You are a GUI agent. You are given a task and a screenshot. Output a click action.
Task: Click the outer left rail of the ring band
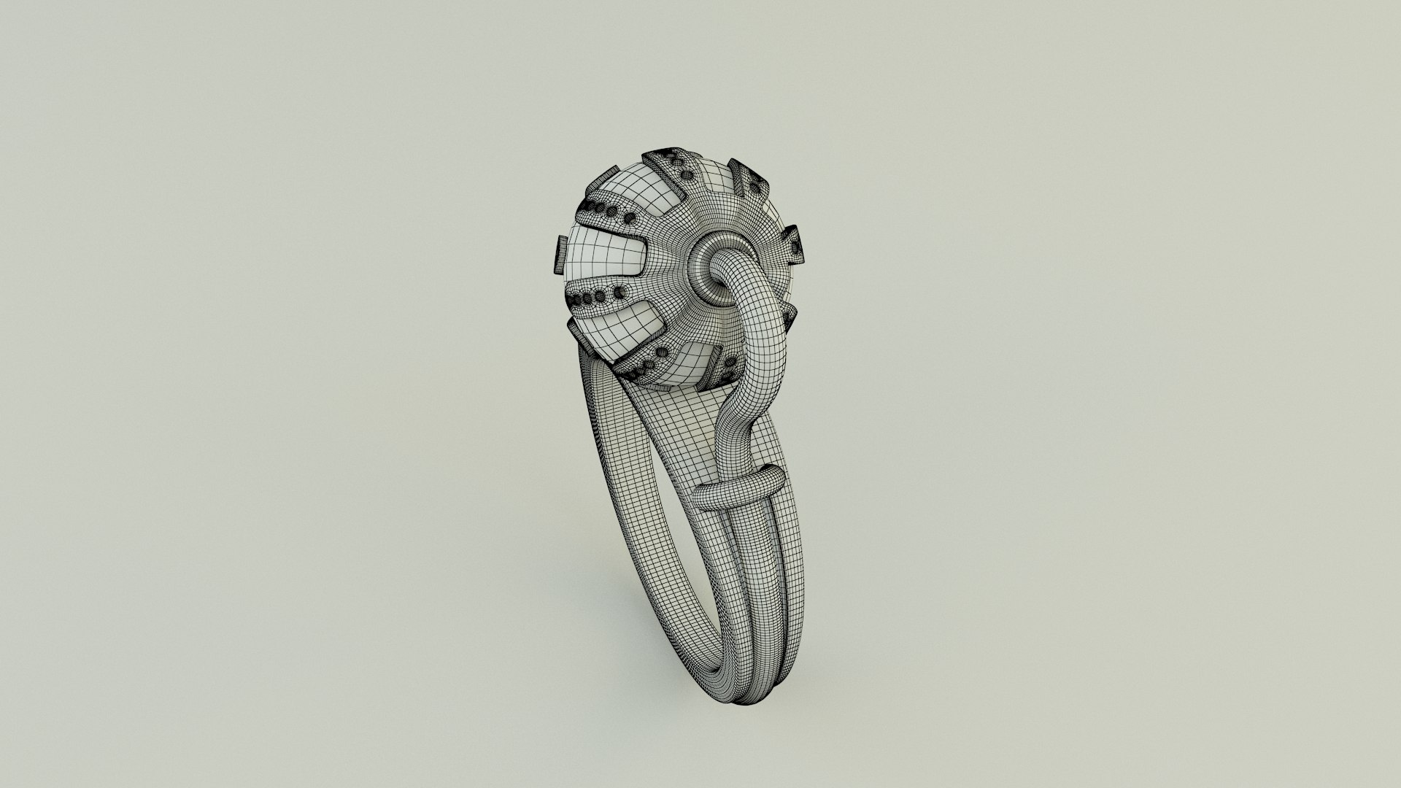[x=642, y=525]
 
